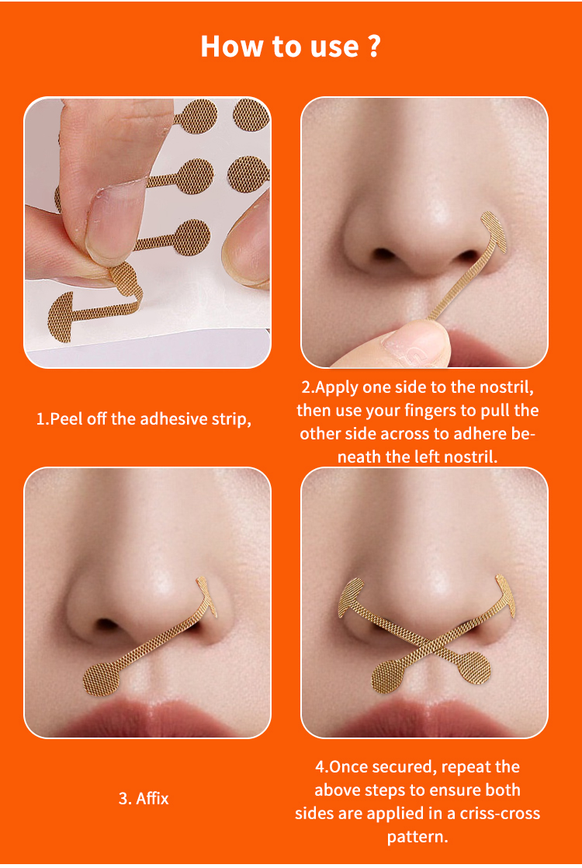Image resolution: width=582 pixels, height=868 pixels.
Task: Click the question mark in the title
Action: click(x=373, y=47)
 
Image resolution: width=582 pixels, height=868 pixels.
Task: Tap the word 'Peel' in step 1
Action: click(x=66, y=419)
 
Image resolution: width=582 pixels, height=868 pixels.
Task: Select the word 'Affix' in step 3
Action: click(x=152, y=797)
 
